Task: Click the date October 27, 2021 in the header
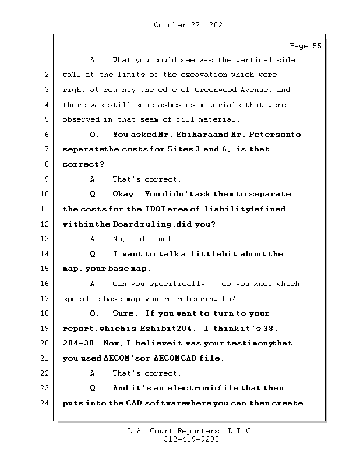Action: [190, 25]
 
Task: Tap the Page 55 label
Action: [305, 46]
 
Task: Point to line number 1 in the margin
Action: [47, 60]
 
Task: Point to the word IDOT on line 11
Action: [153, 209]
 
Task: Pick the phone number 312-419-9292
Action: [190, 439]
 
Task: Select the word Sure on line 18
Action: [125, 313]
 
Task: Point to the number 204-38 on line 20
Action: [77, 343]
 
